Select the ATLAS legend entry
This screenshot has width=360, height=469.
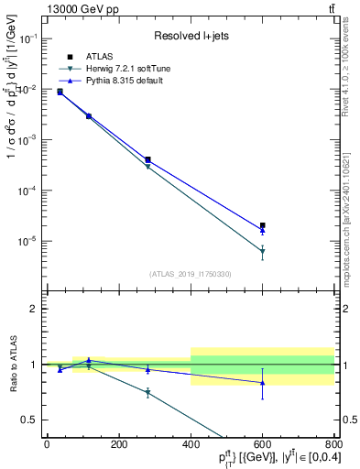[97, 57]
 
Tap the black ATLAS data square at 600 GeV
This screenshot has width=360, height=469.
[262, 225]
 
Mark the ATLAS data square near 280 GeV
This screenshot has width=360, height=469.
[147, 159]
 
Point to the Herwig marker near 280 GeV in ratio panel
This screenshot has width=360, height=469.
[147, 393]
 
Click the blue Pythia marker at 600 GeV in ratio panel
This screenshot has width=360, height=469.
[262, 383]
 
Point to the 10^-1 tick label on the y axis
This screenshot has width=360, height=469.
[27, 39]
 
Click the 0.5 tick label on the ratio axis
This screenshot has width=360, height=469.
[29, 420]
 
